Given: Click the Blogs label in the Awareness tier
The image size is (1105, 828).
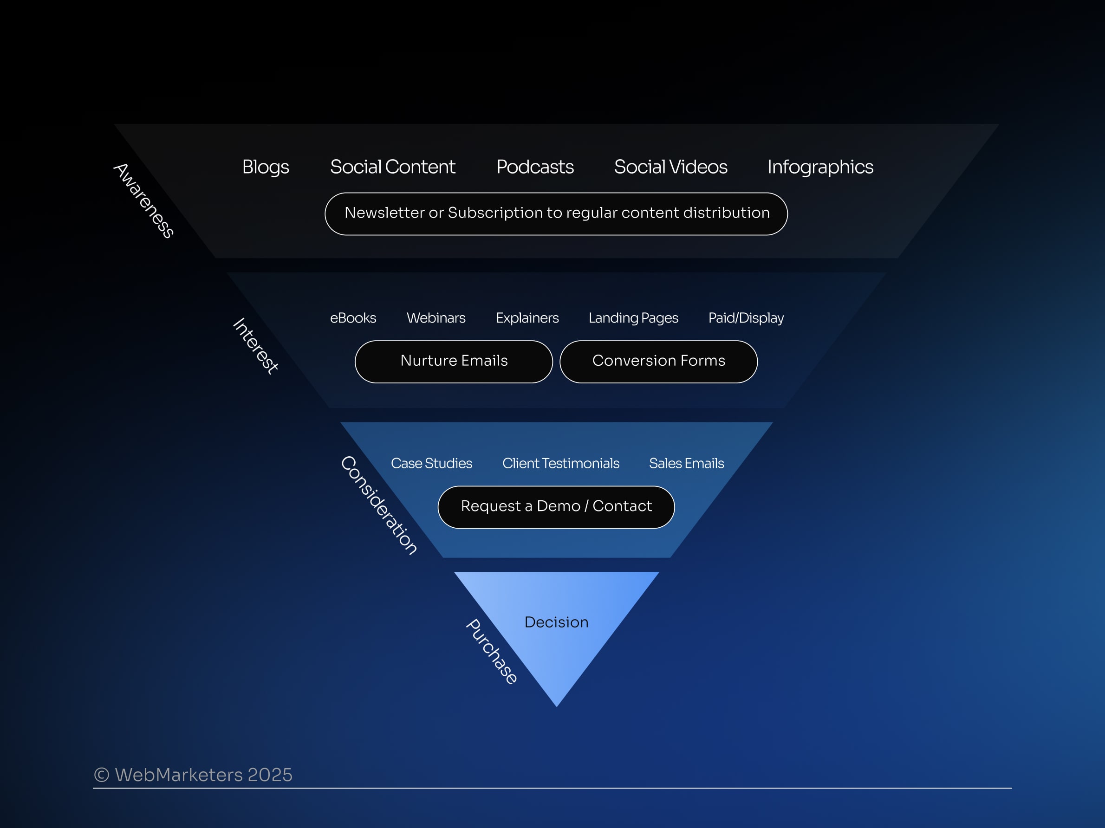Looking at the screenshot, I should pyautogui.click(x=265, y=167).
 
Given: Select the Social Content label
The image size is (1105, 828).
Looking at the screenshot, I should pyautogui.click(x=393, y=167).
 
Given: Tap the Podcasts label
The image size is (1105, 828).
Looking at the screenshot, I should pyautogui.click(x=535, y=167).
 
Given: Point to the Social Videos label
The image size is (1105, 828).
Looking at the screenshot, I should pyautogui.click(x=670, y=167).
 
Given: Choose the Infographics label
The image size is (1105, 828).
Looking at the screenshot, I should pyautogui.click(x=820, y=167).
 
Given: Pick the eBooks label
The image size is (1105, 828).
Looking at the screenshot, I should pyautogui.click(x=353, y=318).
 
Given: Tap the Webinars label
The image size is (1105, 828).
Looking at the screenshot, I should pyautogui.click(x=435, y=318).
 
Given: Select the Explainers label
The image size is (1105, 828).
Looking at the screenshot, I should pyautogui.click(x=527, y=318).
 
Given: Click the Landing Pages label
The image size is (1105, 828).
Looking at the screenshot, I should pyautogui.click(x=633, y=318).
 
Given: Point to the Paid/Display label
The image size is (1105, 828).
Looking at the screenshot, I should pyautogui.click(x=746, y=318).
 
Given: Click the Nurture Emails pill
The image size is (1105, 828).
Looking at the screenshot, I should pyautogui.click(x=454, y=362).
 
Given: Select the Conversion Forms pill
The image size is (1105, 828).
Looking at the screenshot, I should pyautogui.click(x=658, y=362).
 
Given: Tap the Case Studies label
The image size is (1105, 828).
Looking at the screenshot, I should pyautogui.click(x=431, y=464).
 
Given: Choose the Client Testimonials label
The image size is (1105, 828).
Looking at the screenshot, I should pyautogui.click(x=560, y=464).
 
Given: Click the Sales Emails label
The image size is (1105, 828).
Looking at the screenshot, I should pyautogui.click(x=686, y=464).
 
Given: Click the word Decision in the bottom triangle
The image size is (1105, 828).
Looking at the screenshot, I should pyautogui.click(x=556, y=622).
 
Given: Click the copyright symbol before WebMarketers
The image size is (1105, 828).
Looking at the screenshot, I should pyautogui.click(x=102, y=775).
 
